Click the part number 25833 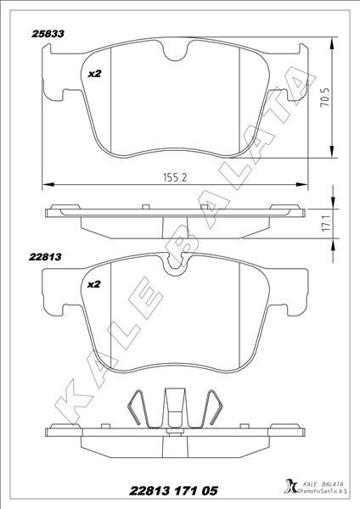click(x=48, y=34)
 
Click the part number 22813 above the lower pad click(x=45, y=257)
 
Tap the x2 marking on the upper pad click(x=95, y=74)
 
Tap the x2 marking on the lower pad click(x=94, y=284)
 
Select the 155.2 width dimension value click(x=175, y=177)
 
